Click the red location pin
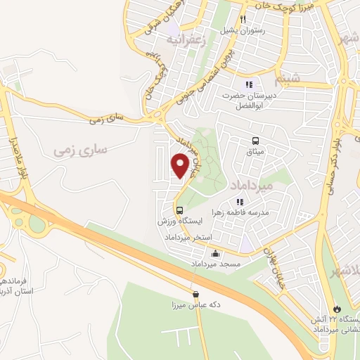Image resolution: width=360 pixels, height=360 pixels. click(181, 166)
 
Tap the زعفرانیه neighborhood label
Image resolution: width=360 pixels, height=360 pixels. click(184, 39)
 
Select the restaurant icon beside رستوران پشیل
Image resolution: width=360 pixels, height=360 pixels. click(243, 19)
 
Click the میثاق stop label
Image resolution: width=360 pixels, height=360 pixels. click(255, 152)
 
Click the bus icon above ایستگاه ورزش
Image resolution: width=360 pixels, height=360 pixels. click(180, 210)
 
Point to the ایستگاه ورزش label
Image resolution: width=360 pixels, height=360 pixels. click(181, 220)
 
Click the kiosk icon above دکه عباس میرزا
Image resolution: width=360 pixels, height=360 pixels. click(195, 294)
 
